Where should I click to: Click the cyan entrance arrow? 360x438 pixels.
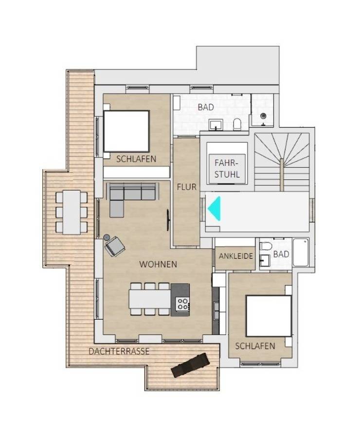[215, 208]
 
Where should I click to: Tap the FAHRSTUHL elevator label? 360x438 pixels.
[227, 168]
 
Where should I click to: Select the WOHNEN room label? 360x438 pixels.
[158, 264]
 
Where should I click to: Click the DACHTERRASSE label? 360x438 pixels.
[119, 351]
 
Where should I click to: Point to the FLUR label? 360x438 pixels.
[186, 187]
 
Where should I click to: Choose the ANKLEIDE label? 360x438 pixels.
[236, 256]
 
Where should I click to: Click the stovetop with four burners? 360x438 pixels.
[183, 303]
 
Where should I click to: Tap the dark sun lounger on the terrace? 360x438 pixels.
[190, 365]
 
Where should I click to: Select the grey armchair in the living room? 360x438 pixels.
[115, 246]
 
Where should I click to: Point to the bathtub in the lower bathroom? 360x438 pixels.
[301, 252]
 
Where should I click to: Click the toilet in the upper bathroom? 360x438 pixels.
[237, 124]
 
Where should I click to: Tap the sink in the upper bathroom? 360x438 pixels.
[216, 125]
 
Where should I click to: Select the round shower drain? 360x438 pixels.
[263, 115]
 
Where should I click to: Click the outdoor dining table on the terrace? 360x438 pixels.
[72, 212]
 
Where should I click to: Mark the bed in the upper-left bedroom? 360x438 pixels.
[126, 131]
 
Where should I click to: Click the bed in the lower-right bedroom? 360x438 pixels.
[269, 316]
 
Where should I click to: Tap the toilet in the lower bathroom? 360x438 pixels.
[266, 246]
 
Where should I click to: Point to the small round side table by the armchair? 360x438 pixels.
[107, 237]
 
